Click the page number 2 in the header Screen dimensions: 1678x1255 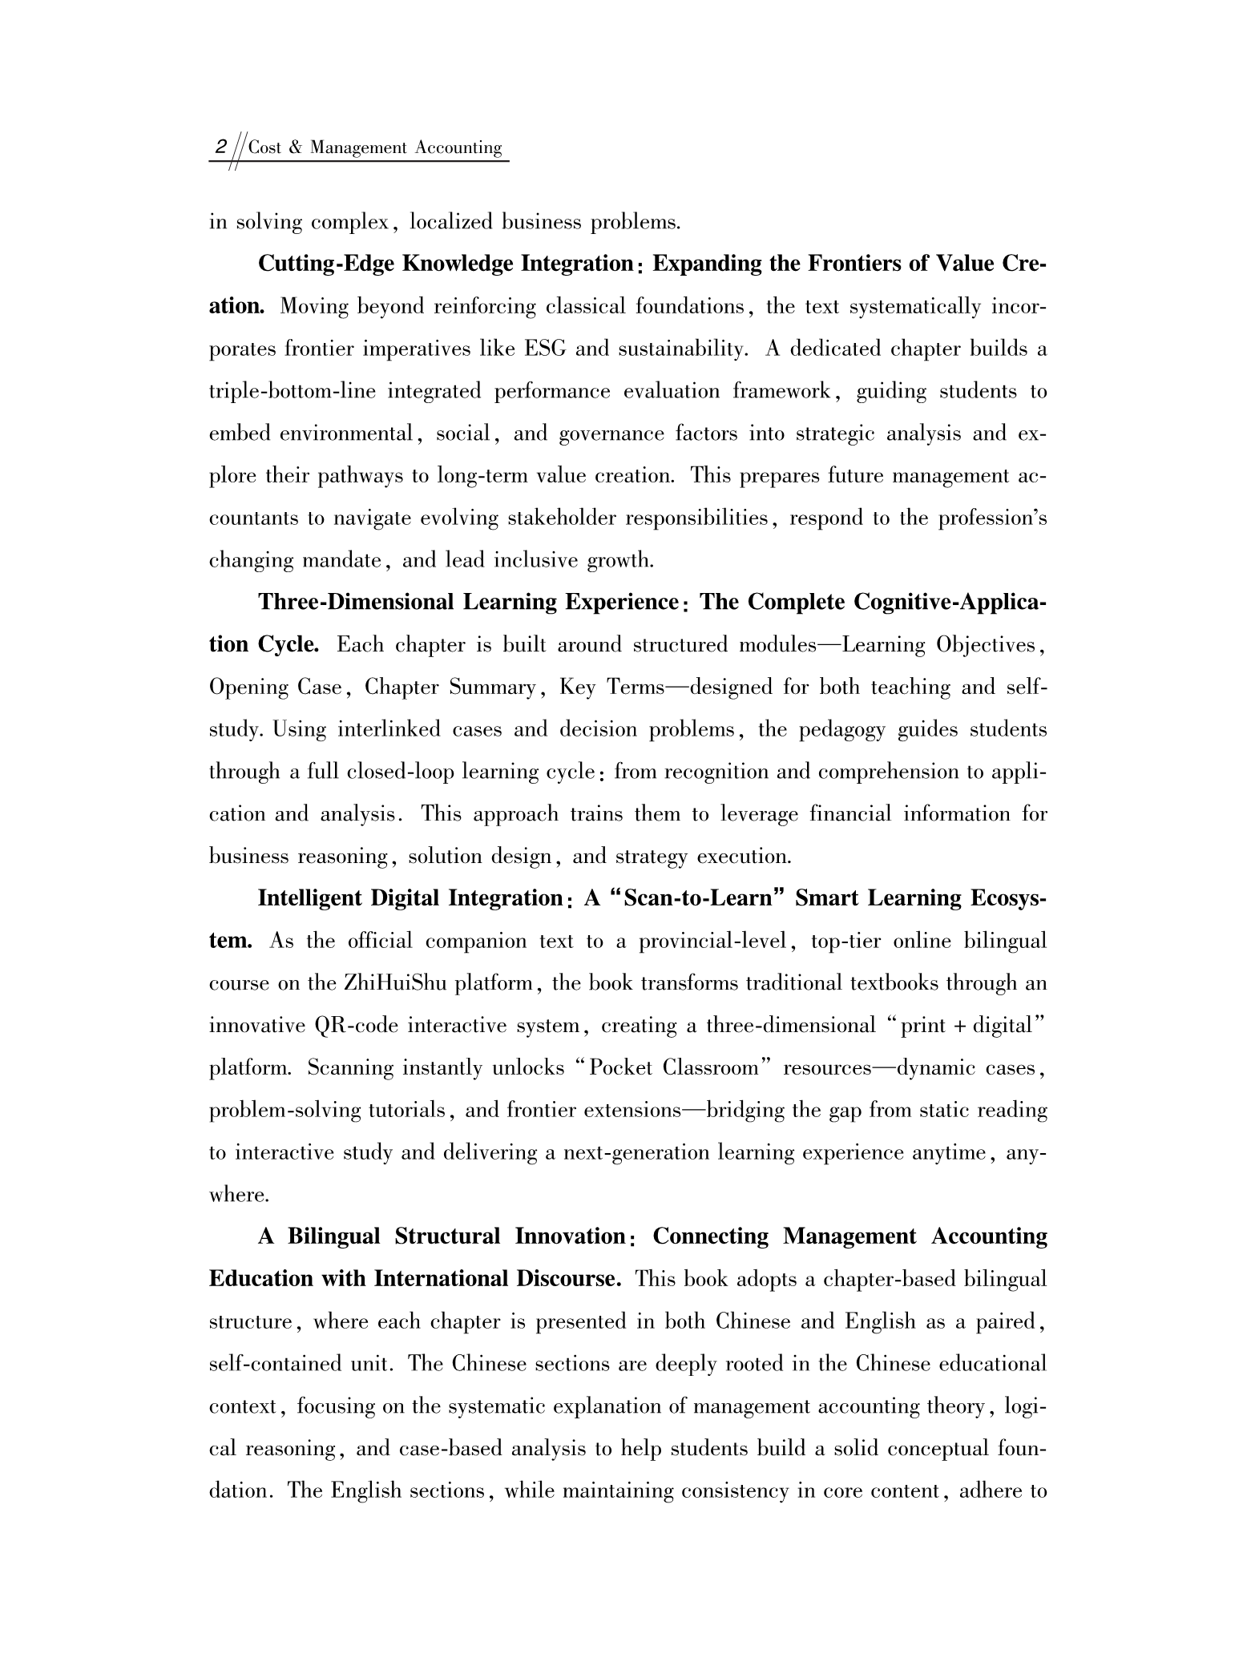coord(219,148)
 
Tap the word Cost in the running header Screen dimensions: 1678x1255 coord(264,148)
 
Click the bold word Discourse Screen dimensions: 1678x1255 coord(569,1279)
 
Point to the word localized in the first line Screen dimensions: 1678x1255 coord(450,223)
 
